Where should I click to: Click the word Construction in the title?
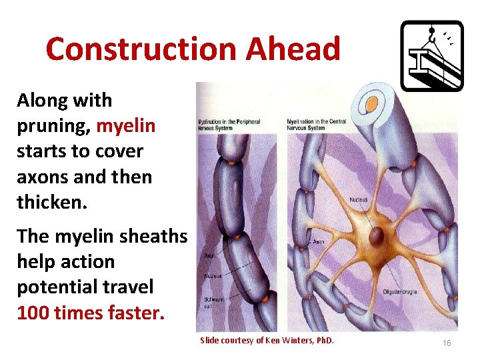141,49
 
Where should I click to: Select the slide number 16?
447,343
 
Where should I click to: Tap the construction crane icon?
431,55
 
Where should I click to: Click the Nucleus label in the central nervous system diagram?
357,200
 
